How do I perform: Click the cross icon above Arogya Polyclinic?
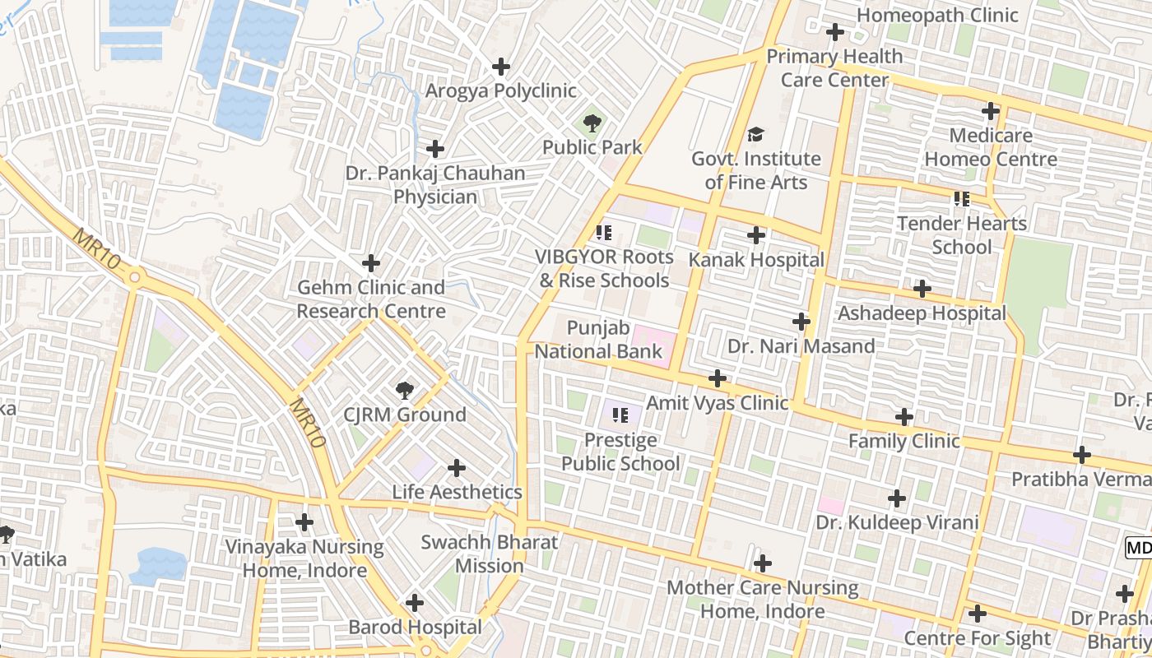(500, 67)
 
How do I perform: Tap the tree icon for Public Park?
(592, 124)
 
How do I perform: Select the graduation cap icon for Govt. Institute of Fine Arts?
(755, 135)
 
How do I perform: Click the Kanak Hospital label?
(756, 260)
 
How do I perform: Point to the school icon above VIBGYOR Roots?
(605, 233)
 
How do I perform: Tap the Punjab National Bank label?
(598, 340)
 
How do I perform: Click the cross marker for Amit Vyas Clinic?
(718, 378)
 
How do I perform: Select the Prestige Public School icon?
(620, 415)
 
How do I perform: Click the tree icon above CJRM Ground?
(404, 390)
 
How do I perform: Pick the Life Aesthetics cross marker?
(457, 468)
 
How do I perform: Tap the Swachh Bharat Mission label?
(490, 554)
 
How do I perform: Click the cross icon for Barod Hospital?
(415, 603)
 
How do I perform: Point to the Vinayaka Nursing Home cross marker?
(304, 522)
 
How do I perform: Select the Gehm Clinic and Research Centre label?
(371, 299)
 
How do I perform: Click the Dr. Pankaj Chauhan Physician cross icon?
(435, 149)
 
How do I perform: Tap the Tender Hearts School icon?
(962, 199)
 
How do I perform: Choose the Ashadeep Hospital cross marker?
(922, 289)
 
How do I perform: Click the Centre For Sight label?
(978, 638)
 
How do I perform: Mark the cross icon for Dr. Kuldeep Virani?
(897, 498)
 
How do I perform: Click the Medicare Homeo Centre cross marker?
(991, 111)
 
